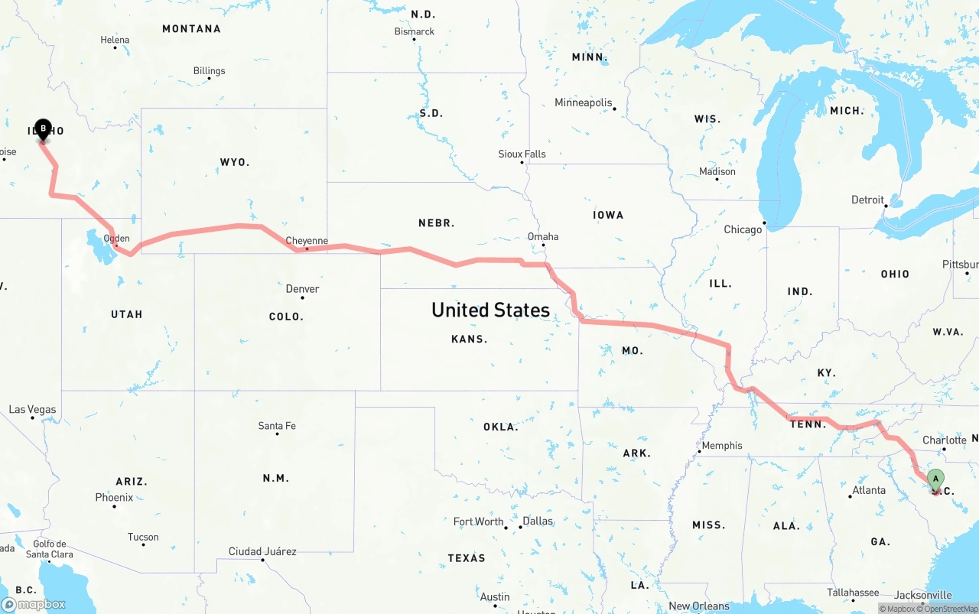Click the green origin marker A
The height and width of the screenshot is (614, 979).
coord(935,480)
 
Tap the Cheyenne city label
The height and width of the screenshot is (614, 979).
coord(307,241)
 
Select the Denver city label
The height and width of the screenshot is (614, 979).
coord(302,289)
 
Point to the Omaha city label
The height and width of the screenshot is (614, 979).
coord(542,237)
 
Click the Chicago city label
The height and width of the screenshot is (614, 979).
coord(743,229)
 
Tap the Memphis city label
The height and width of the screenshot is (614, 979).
coord(721,446)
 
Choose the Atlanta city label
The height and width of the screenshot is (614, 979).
coord(869,490)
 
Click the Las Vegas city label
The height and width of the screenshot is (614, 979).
coord(32,410)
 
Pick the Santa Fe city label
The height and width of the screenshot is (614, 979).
coord(277,426)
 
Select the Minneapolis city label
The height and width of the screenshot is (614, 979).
coord(584,102)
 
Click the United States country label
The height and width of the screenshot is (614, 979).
coord(490,310)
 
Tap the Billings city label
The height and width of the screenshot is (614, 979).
coord(209,71)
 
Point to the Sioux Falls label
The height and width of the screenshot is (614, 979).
coord(522,154)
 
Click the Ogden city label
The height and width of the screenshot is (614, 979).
coord(117,239)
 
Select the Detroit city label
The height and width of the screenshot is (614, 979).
coord(867,200)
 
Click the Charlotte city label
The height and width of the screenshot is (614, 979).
coord(945,440)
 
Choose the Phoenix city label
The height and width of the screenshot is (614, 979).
coord(114,498)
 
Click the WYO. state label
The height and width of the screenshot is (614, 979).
coord(235,162)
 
